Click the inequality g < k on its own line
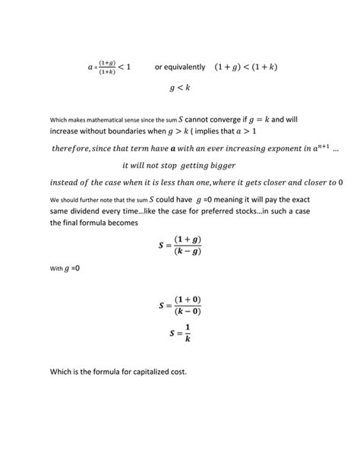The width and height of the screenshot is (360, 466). point(180,88)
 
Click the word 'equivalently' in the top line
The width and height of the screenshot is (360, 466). point(185,67)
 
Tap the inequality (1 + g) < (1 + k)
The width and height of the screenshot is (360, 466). point(246,67)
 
